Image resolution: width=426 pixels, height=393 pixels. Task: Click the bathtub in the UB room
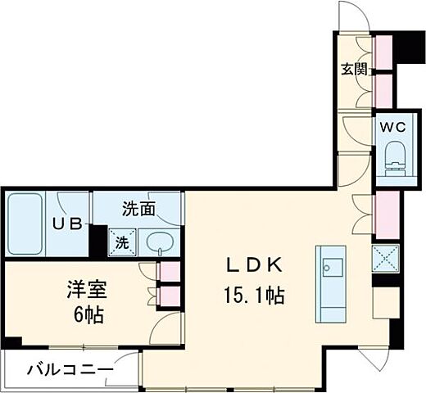coord(25,224)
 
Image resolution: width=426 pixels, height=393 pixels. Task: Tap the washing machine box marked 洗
coord(120,242)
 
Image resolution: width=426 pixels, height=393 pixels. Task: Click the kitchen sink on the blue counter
coord(332,267)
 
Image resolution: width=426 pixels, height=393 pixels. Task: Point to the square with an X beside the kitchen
coord(385,260)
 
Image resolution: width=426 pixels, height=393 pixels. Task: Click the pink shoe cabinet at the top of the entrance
coord(383,49)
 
